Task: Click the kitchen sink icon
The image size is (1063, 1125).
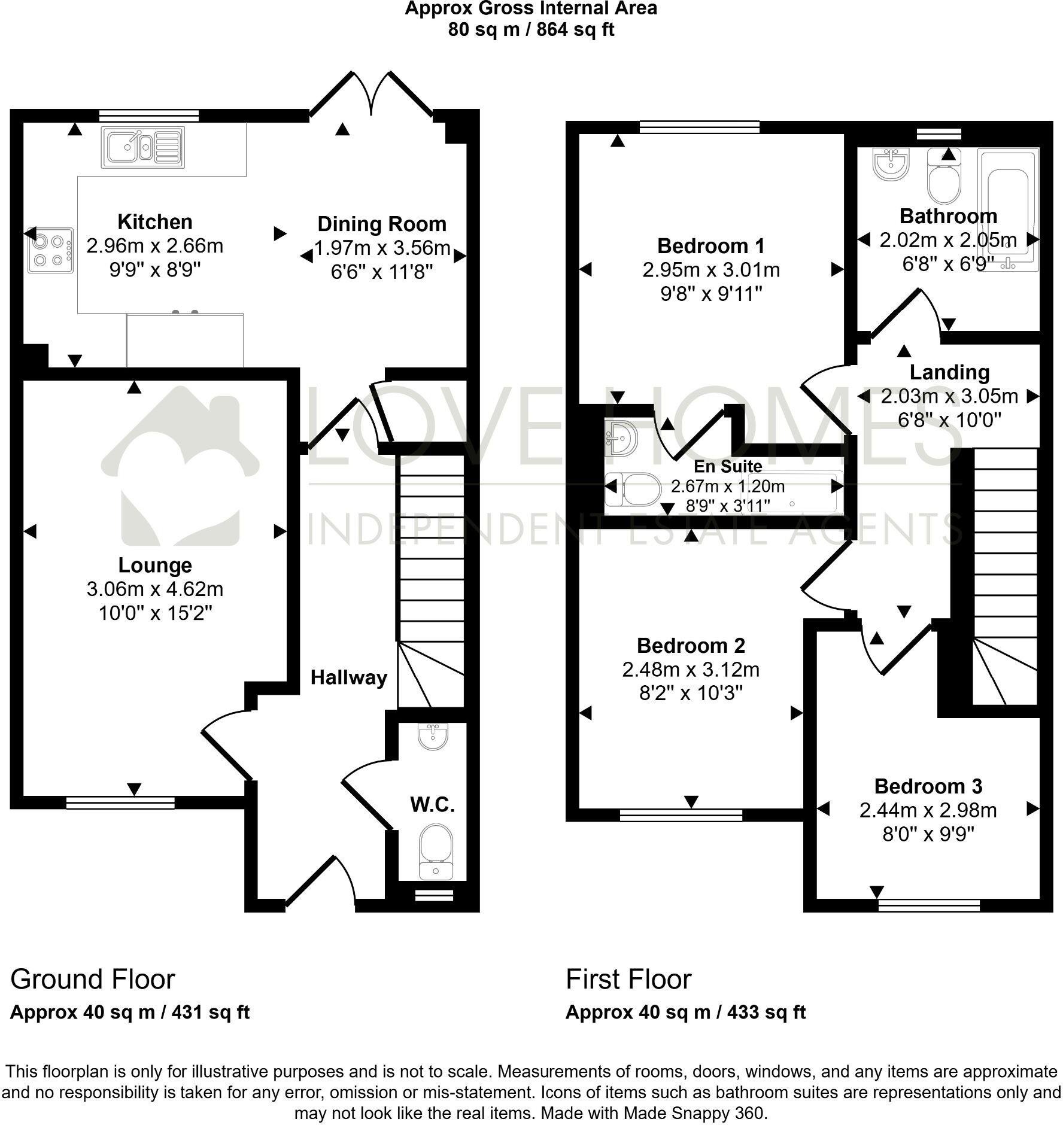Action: (x=143, y=147)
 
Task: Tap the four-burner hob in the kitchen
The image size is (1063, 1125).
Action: (x=50, y=251)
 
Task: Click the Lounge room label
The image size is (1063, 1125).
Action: (x=155, y=565)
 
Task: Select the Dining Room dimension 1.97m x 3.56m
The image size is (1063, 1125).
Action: (x=382, y=248)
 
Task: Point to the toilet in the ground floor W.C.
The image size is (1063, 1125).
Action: (x=436, y=850)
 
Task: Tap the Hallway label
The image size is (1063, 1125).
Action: (x=349, y=677)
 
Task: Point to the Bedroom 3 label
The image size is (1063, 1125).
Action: (x=928, y=786)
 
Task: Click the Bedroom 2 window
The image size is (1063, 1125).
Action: (x=681, y=814)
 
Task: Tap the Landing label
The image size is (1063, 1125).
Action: (x=949, y=372)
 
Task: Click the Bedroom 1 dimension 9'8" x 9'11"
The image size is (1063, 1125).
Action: (x=711, y=294)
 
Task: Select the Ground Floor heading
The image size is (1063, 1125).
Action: (x=93, y=980)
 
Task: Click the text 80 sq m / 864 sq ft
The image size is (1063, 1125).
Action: (x=531, y=29)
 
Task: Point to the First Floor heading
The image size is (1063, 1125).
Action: (x=628, y=980)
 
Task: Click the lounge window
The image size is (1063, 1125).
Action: (x=120, y=802)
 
